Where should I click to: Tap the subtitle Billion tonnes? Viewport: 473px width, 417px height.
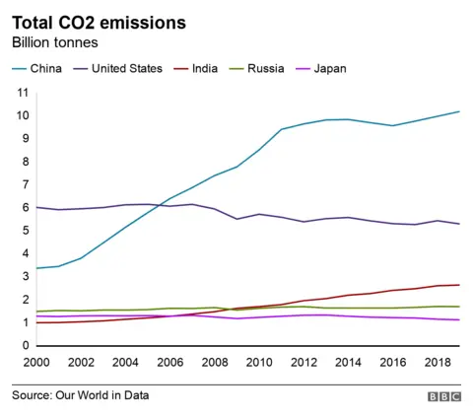(56, 43)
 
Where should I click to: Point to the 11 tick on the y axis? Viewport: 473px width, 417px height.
(22, 93)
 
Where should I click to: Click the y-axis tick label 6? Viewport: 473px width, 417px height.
(25, 208)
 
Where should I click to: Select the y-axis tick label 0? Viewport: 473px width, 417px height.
(25, 346)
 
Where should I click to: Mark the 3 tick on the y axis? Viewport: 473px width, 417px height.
(25, 277)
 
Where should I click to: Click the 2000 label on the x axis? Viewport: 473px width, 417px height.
(36, 364)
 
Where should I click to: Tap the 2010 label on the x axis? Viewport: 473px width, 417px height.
(259, 364)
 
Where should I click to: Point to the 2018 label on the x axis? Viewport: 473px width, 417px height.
(437, 364)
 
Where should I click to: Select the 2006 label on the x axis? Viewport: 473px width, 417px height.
(170, 364)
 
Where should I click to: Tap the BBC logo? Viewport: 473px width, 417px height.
(443, 395)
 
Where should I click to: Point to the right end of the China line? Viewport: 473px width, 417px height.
(459, 111)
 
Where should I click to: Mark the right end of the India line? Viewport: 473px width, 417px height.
(459, 285)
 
